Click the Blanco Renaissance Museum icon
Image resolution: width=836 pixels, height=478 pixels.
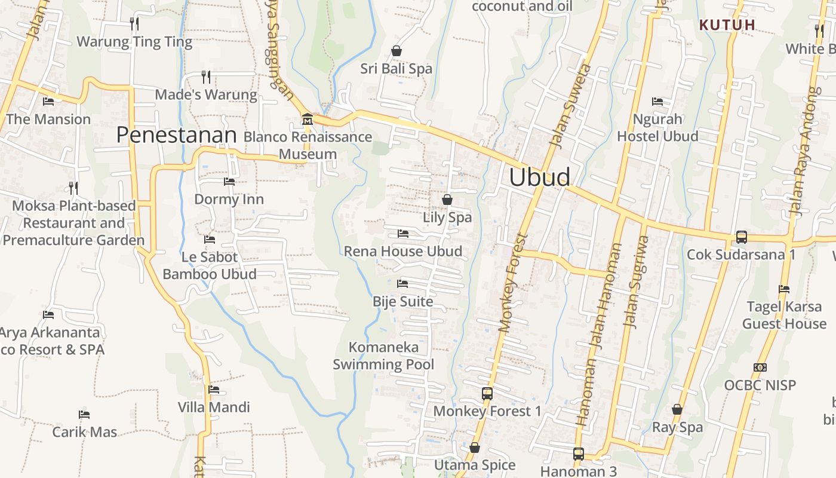(x=308, y=119)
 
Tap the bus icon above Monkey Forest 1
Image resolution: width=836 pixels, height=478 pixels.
(x=487, y=394)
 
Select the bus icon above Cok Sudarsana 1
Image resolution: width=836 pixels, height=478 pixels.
(x=741, y=237)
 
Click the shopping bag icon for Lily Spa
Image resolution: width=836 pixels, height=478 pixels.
(x=447, y=200)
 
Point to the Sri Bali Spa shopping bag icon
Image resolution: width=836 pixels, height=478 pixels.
(x=396, y=51)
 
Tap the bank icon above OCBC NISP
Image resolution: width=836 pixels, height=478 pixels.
(x=760, y=367)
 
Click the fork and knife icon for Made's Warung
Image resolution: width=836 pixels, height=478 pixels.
(x=206, y=77)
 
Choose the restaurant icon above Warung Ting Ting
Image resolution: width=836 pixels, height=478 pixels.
(x=134, y=24)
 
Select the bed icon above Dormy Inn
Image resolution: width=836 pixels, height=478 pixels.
(x=229, y=182)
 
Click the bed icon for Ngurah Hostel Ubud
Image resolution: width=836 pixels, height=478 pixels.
(x=657, y=102)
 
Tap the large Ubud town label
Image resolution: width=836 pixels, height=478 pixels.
(x=539, y=177)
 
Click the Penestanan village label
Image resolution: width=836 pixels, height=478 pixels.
(x=177, y=135)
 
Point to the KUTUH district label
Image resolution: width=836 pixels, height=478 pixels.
(x=727, y=25)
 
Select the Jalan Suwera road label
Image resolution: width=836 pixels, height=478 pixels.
(x=570, y=106)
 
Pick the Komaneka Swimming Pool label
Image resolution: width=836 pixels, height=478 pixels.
(x=383, y=356)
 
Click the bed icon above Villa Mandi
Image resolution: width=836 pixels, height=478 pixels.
(x=214, y=390)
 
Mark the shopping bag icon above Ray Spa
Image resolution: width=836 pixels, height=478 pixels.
(x=677, y=409)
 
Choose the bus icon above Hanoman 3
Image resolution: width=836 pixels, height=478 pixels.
(x=578, y=454)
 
